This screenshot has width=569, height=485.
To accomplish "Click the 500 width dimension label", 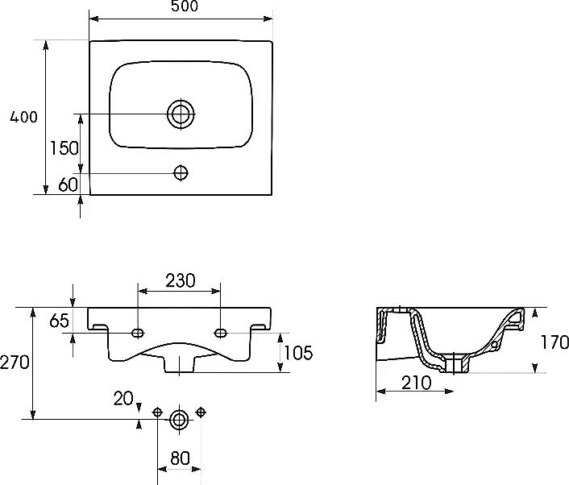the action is [x=185, y=6].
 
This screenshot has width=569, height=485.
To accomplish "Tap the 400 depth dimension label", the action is [x=23, y=117].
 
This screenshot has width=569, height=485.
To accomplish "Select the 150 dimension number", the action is [x=64, y=148].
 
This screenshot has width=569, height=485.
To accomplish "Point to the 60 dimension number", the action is [x=68, y=184].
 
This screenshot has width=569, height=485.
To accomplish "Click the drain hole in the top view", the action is [x=181, y=114].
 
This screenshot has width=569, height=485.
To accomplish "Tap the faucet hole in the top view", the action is [x=181, y=172].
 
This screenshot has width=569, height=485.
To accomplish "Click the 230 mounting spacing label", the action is [x=181, y=280].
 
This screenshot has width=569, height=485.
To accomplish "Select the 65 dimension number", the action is [x=59, y=321].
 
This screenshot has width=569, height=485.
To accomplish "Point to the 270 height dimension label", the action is [x=15, y=362].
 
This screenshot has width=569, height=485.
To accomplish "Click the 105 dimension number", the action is [x=298, y=353].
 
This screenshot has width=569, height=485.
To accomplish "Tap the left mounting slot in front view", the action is [x=138, y=333].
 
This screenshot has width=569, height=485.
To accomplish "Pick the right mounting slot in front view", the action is [x=221, y=333].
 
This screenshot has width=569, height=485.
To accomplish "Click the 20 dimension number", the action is [x=123, y=399].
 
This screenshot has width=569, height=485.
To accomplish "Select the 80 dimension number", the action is [x=180, y=458].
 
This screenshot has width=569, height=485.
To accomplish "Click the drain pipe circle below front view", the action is [x=179, y=420].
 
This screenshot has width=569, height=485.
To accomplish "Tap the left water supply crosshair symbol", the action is [x=157, y=412].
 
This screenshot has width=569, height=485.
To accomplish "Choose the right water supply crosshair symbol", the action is [x=201, y=412].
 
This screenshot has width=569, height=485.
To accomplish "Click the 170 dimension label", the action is [x=554, y=342].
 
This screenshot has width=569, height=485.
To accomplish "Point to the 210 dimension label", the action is [x=416, y=383].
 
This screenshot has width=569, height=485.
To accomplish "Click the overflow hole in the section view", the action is [x=494, y=345].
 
